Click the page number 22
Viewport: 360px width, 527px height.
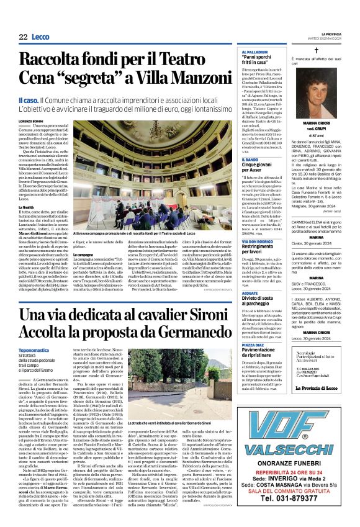click(x=23, y=38)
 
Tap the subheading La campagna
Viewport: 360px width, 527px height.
click(x=84, y=254)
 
